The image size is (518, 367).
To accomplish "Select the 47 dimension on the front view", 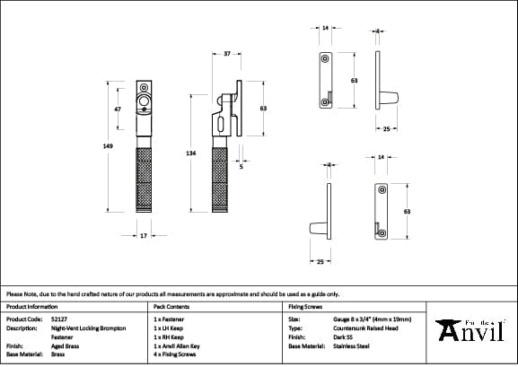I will [118, 109].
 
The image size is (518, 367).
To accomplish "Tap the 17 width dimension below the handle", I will [144, 236].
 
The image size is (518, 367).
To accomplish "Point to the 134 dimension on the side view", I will [191, 153].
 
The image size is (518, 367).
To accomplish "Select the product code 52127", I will [60, 319].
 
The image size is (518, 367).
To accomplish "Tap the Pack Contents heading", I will [171, 306].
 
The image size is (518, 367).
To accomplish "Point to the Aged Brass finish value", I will [66, 345].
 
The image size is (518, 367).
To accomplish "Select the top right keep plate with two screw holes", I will [325, 82].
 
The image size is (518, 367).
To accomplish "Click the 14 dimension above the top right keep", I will [325, 28].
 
